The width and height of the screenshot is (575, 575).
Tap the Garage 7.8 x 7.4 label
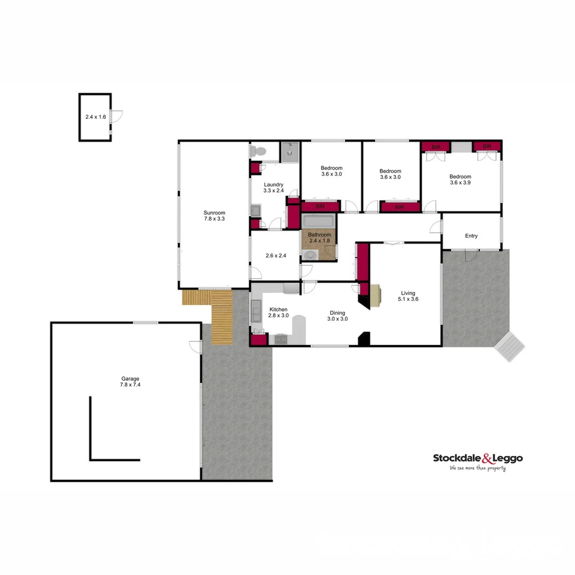click(x=130, y=382)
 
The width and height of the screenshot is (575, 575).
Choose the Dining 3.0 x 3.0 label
click(x=337, y=316)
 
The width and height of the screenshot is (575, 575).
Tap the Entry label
click(x=471, y=236)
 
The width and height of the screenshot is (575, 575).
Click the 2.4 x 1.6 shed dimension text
click(x=96, y=117)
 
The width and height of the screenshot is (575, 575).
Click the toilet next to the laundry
click(x=258, y=151)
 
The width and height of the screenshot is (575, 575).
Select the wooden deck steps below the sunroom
click(x=222, y=317)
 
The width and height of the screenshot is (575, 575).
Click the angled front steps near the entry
click(x=509, y=347)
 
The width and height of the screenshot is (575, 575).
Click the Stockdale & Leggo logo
click(x=478, y=458)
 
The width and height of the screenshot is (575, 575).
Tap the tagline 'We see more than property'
click(x=478, y=469)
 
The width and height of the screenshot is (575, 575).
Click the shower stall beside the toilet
click(x=290, y=151)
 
